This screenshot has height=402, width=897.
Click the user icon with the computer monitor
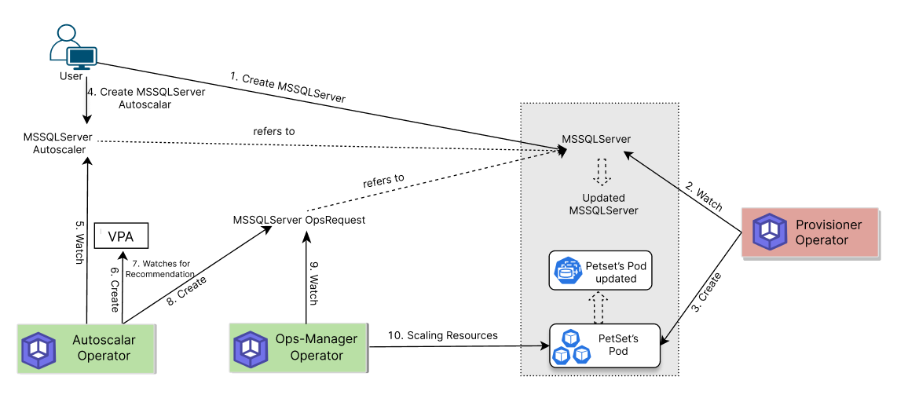tap(72, 47)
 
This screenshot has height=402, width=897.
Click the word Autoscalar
tap(104, 340)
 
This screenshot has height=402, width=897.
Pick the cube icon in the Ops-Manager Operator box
tap(251, 350)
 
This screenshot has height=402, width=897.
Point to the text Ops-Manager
tap(317, 339)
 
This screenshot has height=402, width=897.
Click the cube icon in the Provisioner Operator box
tap(770, 232)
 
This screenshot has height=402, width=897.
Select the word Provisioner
tap(829, 225)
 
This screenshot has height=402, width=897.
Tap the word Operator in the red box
tap(822, 240)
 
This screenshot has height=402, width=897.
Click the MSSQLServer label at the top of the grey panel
tap(596, 140)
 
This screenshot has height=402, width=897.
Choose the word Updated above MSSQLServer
tap(603, 198)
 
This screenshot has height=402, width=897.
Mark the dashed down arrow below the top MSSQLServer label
tap(602, 172)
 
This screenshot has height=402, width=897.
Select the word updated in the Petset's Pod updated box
tap(616, 279)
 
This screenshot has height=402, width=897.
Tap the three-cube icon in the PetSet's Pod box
tap(571, 346)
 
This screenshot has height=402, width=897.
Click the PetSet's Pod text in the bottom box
tap(618, 345)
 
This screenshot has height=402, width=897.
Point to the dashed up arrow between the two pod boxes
tap(599, 307)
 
